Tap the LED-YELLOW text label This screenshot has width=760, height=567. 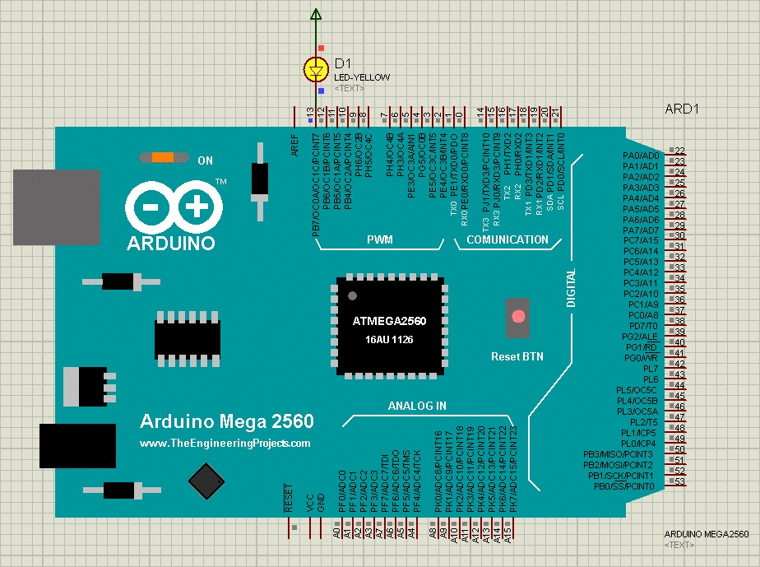pos(362,77)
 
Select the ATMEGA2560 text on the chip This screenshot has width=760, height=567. pos(389,320)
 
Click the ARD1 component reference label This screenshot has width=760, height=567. pos(682,109)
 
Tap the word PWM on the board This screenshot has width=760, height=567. pos(379,240)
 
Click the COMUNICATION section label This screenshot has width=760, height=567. pos(507,240)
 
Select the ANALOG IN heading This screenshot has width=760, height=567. pos(417,406)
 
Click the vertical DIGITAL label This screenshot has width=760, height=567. pos(572,288)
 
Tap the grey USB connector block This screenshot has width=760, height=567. pos(56,207)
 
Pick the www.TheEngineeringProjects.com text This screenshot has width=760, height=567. pos(225,443)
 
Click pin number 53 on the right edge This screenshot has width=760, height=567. pos(679,482)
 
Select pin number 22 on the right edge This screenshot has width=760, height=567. pos(679,151)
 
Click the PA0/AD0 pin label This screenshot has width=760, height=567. pos(641,156)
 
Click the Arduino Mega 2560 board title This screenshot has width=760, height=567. pos(226,421)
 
